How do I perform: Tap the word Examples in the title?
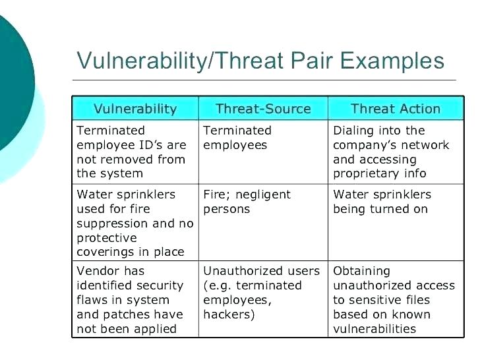pyautogui.click(x=392, y=61)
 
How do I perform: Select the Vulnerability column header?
pyautogui.click(x=135, y=109)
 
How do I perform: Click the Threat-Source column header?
pyautogui.click(x=263, y=109)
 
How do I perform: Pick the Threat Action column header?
pyautogui.click(x=396, y=109)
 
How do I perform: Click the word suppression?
pyautogui.click(x=112, y=224)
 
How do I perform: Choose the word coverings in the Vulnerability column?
pyautogui.click(x=105, y=253)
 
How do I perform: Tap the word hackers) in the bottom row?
pyautogui.click(x=229, y=315)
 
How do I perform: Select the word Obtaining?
pyautogui.click(x=361, y=272)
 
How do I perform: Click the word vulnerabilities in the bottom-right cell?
pyautogui.click(x=375, y=329)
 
